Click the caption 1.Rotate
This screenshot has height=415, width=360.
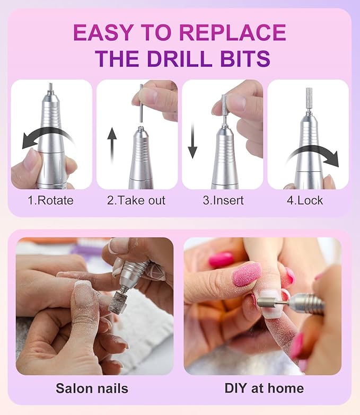[x=51, y=201]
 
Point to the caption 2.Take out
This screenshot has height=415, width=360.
[x=137, y=201]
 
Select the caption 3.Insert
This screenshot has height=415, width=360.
[x=222, y=201]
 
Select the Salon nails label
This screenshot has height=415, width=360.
[x=92, y=388]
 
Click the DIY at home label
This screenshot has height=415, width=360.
[x=264, y=388]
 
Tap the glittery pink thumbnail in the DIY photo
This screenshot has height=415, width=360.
[x=247, y=274]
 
